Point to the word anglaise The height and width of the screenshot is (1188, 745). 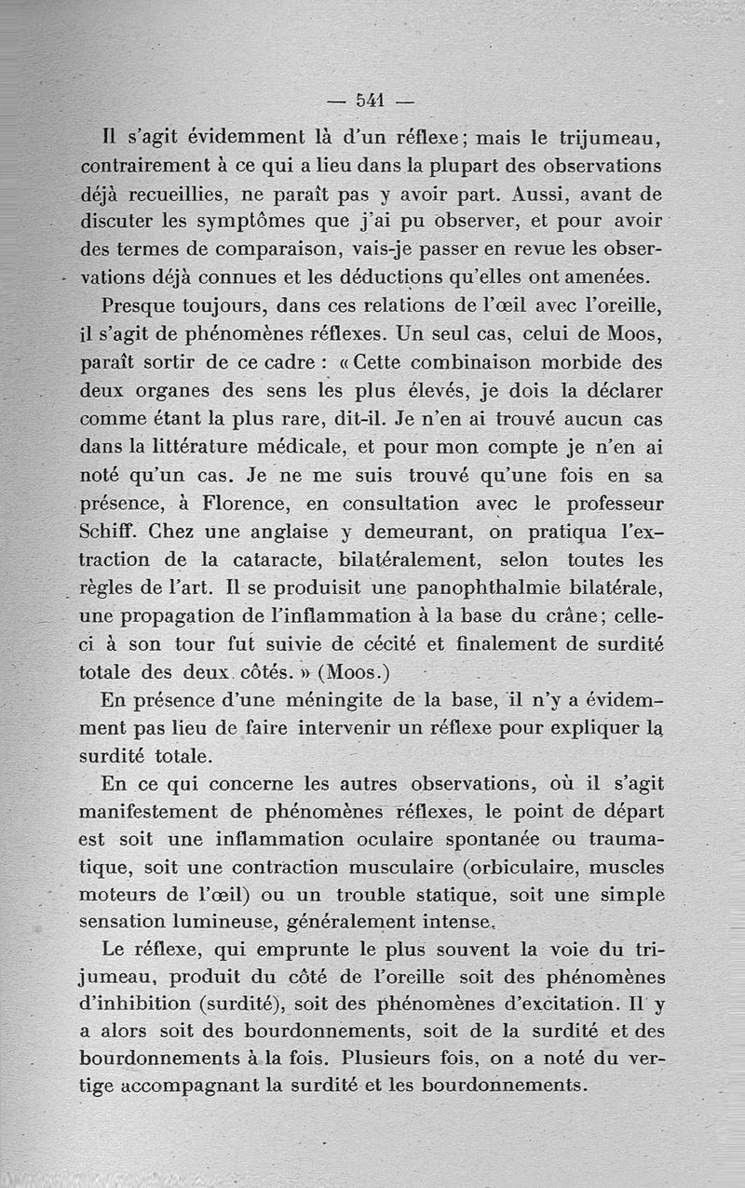[278, 533]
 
